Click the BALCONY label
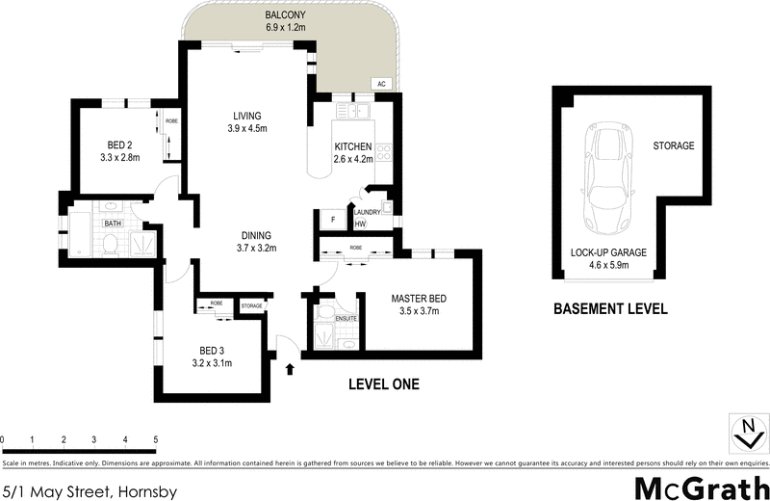tap(285, 15)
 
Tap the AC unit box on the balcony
tap(380, 84)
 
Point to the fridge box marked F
tap(332, 220)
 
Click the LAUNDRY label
tap(369, 212)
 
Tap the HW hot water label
tap(360, 224)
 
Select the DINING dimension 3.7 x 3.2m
tap(256, 248)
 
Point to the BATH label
tap(114, 224)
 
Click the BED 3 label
tap(211, 350)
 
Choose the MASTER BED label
tap(415, 298)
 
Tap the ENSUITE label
tap(346, 318)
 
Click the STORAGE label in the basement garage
tap(674, 146)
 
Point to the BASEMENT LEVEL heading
tap(609, 310)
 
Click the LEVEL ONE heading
tap(382, 384)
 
